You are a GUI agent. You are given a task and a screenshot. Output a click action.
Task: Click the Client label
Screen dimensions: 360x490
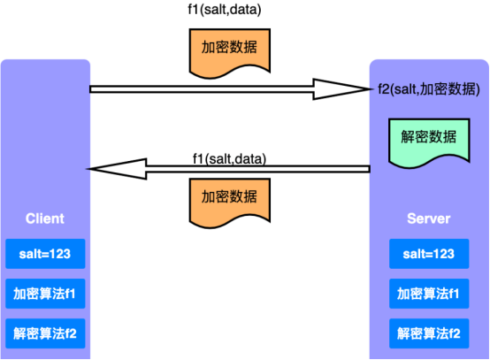click(44, 218)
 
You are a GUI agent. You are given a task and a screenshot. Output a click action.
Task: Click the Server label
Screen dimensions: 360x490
click(428, 218)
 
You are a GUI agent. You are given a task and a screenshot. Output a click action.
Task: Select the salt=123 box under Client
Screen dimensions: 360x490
click(45, 254)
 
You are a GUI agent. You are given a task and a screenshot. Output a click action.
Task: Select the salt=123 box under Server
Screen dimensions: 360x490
click(428, 254)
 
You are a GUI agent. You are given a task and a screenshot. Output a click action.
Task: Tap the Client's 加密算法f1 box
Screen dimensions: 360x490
click(45, 293)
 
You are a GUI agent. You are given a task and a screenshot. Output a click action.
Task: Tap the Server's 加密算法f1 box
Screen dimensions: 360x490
click(428, 293)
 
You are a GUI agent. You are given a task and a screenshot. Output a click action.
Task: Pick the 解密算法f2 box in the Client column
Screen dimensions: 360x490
click(45, 333)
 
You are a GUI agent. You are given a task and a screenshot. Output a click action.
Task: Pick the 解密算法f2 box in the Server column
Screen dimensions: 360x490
click(428, 333)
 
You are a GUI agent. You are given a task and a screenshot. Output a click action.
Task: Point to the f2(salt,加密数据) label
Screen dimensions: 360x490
click(428, 88)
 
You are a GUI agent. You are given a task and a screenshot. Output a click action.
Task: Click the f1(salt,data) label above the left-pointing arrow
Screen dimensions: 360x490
click(229, 158)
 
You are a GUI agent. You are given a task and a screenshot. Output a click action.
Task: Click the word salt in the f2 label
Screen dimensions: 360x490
click(403, 88)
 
